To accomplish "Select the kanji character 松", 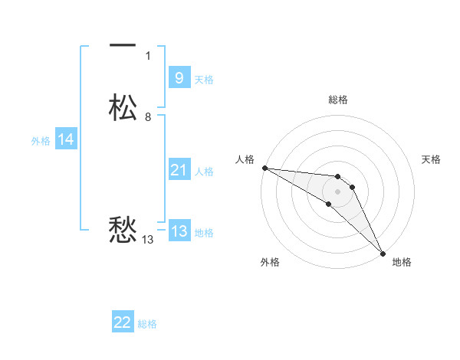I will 123,107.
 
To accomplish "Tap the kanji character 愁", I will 123,229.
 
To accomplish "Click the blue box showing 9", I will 179,77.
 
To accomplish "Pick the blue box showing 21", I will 179,170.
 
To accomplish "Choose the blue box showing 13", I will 179,232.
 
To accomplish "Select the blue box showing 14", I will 65,139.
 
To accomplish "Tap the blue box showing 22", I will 123,322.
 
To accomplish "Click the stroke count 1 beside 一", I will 148,56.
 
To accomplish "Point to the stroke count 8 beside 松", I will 148,117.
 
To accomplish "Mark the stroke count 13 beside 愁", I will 147,240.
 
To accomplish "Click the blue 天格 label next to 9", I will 204,79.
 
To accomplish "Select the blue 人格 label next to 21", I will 204,172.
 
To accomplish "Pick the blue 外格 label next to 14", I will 41,141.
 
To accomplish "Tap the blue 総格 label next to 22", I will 147,324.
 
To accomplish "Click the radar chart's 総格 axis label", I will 337,100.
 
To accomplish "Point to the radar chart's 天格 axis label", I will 432,159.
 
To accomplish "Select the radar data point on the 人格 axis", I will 264,168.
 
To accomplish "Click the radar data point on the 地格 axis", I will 383,253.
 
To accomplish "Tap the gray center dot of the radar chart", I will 337,191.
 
